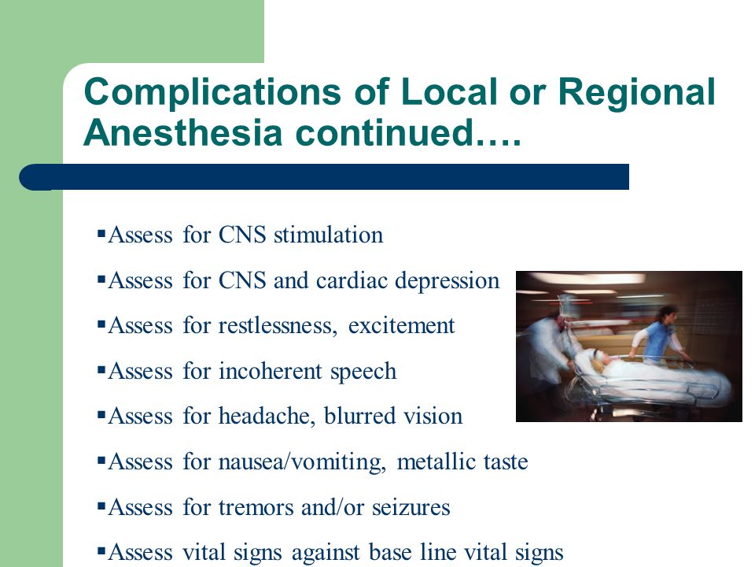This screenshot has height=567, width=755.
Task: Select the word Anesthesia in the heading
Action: tap(183, 132)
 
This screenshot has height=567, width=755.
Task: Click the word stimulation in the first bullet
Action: tap(329, 235)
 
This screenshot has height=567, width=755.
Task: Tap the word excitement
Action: tap(402, 326)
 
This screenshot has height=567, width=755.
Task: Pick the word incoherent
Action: tap(270, 371)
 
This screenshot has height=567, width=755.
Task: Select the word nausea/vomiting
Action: tap(302, 462)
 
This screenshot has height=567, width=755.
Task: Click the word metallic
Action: tap(436, 461)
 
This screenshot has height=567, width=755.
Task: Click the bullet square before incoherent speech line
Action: tap(101, 370)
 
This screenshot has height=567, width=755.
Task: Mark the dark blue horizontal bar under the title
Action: tap(324, 177)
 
